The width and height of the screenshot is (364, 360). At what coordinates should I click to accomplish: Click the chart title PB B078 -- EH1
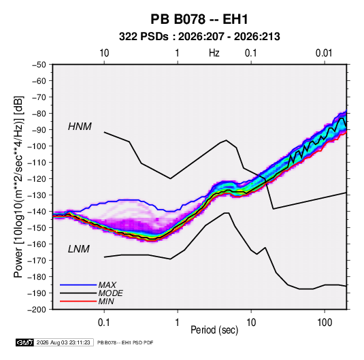(199, 19)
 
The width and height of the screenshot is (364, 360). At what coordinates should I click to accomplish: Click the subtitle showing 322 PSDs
(199, 37)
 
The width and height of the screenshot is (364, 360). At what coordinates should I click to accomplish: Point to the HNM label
(80, 127)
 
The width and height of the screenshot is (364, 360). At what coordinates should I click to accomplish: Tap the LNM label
(78, 249)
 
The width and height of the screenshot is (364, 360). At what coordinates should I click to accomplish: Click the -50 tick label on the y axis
(39, 65)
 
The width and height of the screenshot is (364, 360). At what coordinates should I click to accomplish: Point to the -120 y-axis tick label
(37, 179)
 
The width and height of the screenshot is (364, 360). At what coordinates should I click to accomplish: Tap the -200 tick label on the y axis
(37, 310)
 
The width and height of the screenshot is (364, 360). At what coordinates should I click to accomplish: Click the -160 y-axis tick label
(37, 244)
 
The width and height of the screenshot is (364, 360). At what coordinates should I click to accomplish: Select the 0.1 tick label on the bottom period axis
(104, 323)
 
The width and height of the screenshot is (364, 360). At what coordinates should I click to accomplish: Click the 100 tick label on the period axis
(325, 323)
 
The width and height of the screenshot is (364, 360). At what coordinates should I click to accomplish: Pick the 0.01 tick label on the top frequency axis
(324, 53)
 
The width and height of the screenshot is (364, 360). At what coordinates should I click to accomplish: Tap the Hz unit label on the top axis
(214, 53)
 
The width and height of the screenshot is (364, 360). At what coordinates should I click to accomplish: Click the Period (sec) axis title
(214, 330)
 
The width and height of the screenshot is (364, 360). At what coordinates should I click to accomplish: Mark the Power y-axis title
(18, 187)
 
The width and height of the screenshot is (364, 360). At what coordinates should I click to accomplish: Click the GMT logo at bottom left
(24, 342)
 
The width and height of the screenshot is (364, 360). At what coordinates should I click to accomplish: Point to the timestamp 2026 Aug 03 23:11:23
(63, 342)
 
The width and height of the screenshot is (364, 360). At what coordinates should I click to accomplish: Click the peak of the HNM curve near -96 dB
(226, 140)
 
